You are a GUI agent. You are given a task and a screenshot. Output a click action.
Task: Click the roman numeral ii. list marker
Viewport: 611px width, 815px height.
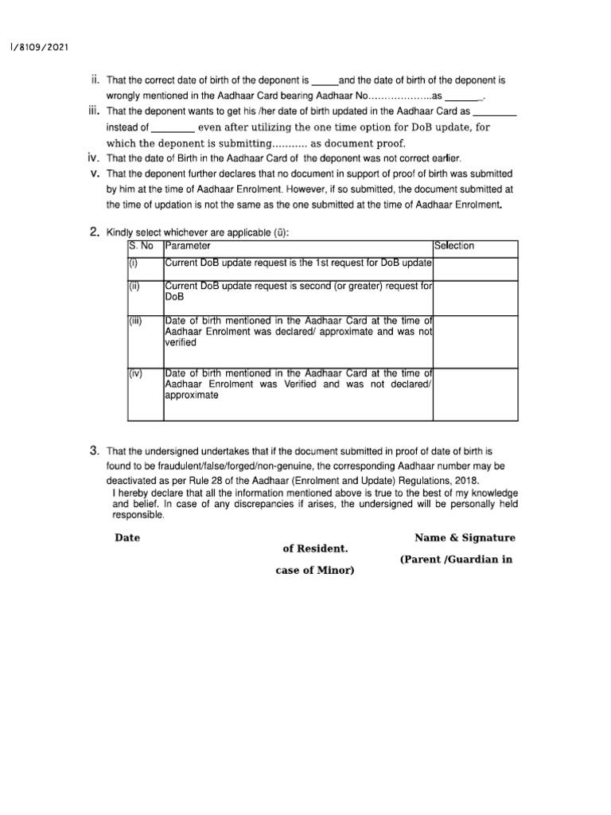95,80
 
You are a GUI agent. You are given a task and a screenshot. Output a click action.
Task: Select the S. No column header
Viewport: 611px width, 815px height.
140,246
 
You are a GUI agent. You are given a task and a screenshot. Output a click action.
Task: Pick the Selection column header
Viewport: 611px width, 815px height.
453,246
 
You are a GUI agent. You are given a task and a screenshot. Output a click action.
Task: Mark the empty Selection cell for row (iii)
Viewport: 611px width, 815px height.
475,340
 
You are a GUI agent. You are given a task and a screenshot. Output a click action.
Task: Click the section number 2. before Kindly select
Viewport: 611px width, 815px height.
94,232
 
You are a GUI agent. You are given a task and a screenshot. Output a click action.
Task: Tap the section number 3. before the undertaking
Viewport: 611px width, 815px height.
94,450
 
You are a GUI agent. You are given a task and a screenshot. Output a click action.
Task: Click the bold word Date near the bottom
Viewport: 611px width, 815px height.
127,538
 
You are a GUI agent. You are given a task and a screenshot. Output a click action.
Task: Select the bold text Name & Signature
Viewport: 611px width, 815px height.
465,539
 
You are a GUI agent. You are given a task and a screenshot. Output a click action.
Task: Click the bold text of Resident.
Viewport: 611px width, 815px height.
315,549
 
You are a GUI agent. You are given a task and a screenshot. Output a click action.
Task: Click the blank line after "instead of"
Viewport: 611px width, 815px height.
173,128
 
